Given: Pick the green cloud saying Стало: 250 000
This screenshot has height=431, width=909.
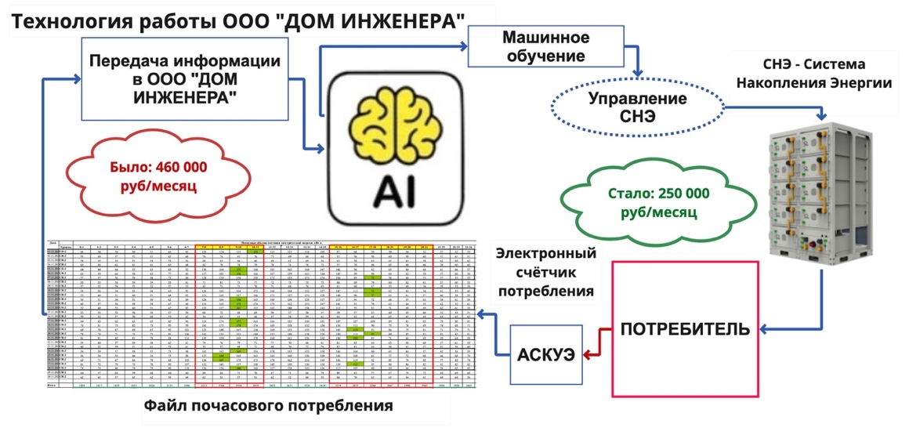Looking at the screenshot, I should coord(657,202).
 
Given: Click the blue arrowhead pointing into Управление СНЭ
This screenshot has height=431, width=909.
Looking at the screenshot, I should coord(639,76).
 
